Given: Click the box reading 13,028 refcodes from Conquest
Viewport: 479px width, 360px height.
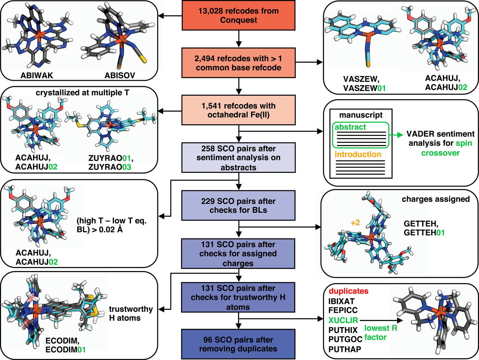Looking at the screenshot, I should click(238, 15).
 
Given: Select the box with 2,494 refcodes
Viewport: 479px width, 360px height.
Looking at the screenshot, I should click(238, 63).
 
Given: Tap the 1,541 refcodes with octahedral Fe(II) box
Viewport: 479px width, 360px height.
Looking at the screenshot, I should click(238, 110).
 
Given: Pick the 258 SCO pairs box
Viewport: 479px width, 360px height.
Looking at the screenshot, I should click(238, 158).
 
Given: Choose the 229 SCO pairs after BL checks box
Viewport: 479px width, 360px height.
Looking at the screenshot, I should click(238, 205).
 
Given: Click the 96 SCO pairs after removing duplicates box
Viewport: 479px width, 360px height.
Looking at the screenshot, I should click(238, 344).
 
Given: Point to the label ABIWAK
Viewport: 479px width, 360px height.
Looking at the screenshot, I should click(37, 75).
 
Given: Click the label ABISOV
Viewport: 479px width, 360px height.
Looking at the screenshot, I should click(120, 75).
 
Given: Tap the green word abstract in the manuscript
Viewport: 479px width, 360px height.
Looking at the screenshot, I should click(350, 127).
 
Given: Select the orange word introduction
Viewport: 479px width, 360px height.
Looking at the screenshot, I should click(358, 154).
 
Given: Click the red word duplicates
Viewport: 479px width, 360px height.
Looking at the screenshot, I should click(348, 291).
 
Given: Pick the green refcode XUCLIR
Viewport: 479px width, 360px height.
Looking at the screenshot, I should click(343, 320).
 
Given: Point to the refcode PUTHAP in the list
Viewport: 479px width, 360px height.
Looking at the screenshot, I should click(345, 349).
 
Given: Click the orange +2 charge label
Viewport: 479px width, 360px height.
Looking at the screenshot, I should click(355, 223).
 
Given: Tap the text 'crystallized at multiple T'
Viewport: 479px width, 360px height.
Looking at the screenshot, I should click(82, 93).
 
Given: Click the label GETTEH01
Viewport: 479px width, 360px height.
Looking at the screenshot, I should click(424, 233).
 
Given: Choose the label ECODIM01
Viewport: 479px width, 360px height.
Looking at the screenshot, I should click(65, 349).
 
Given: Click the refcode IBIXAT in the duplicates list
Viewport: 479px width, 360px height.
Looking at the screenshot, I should click(341, 301).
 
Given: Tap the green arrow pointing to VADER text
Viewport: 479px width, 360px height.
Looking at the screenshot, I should click(397, 135).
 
